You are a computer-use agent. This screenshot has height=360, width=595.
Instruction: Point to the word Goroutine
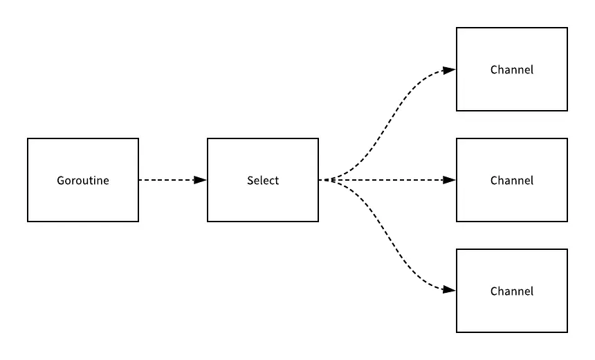click(83, 181)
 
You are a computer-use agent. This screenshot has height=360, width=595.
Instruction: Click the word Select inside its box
click(263, 181)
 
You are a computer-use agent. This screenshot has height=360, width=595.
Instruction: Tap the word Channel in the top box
click(512, 70)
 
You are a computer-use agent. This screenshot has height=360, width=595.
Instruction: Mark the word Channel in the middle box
click(512, 181)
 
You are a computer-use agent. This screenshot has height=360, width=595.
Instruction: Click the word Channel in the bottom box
click(512, 291)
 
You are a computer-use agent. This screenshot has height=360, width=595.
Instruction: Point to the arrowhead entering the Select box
click(201, 180)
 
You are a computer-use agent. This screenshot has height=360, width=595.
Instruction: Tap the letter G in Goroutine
click(60, 181)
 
